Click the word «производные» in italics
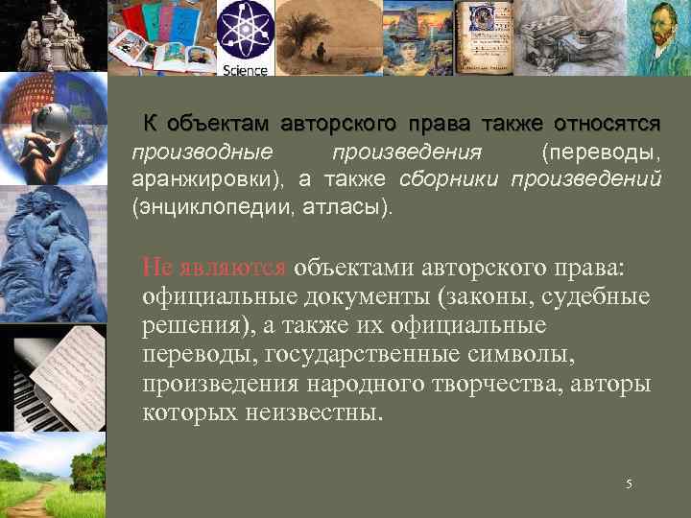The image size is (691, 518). [x=202, y=153]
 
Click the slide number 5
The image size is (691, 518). [x=629, y=484]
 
